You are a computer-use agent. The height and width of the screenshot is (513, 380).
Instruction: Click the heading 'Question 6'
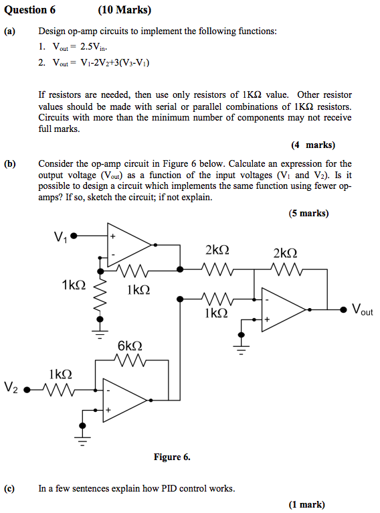click(x=30, y=10)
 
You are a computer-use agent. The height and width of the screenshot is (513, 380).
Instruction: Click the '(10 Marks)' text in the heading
click(x=124, y=10)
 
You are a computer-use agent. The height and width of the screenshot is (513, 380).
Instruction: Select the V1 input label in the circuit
click(x=60, y=236)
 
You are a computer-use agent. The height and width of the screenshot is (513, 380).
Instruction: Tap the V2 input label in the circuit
click(x=11, y=388)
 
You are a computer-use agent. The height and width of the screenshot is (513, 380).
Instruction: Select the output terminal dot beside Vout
click(x=343, y=309)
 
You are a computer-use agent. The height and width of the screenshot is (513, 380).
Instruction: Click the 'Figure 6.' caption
click(x=172, y=457)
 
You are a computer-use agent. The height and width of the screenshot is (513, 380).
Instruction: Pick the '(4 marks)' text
click(x=313, y=145)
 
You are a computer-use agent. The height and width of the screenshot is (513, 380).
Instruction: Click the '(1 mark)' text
click(x=306, y=504)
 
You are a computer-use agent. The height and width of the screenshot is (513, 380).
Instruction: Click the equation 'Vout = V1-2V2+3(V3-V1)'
click(x=100, y=63)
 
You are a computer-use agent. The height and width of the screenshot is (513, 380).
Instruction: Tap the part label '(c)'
click(x=9, y=488)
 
